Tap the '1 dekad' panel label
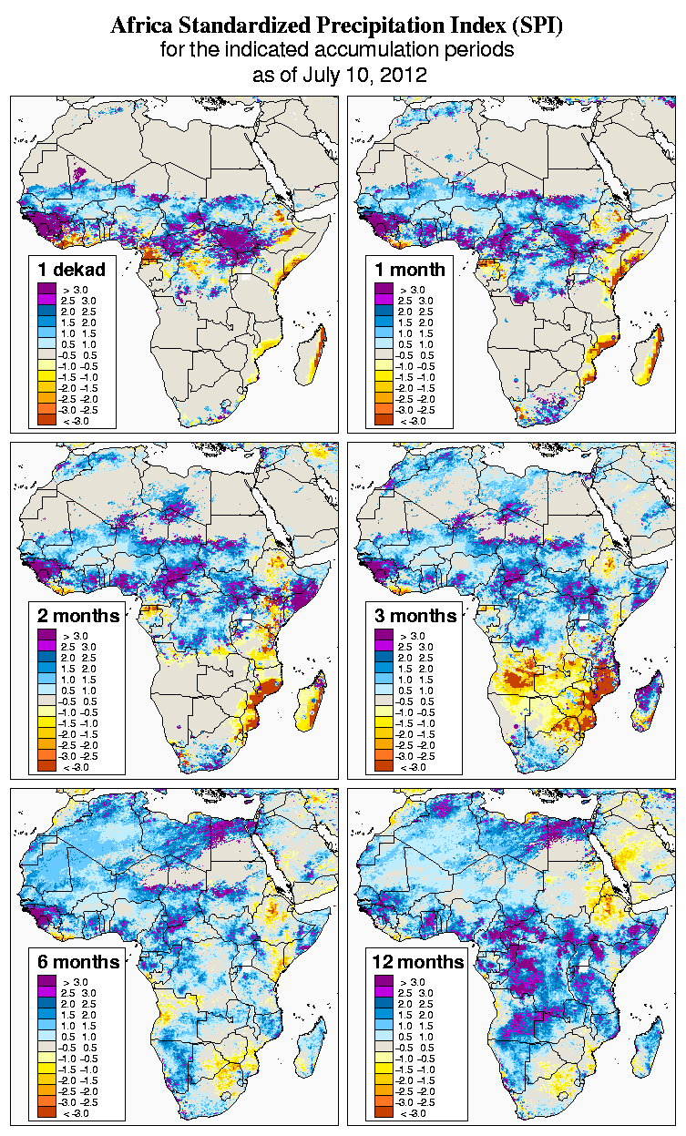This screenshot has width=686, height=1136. point(72,269)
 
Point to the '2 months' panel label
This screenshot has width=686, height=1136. point(78,615)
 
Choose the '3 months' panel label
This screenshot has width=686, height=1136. point(415,615)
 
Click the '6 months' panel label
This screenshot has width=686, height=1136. point(78,962)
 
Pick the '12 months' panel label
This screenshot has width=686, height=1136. point(418,962)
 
